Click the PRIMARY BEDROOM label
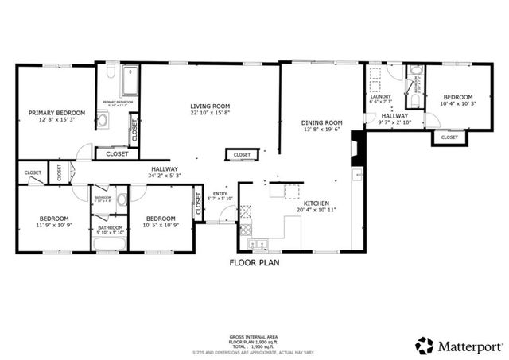[x=56, y=113]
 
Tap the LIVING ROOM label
[x=210, y=106]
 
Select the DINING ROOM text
[x=321, y=122]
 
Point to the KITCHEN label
[x=316, y=203]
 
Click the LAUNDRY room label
[x=381, y=96]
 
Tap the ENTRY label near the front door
[x=219, y=193]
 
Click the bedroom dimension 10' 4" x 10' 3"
[x=457, y=103]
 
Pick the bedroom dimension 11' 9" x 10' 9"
[x=55, y=225]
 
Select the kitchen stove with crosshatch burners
[x=245, y=211]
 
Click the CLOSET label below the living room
[x=242, y=154]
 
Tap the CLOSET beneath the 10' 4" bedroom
[x=449, y=137]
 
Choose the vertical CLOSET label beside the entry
[x=196, y=206]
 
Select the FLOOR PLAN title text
[x=254, y=261]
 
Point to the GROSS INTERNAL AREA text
[x=254, y=338]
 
